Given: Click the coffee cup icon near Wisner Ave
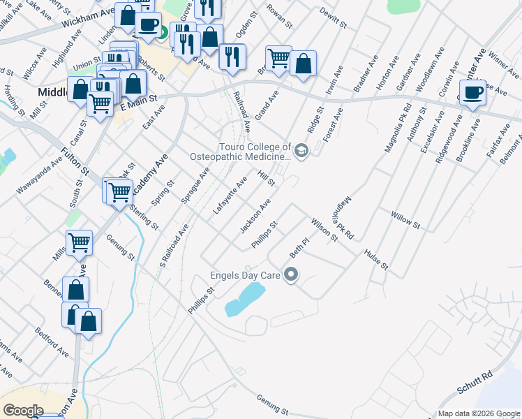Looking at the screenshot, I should coord(472,93).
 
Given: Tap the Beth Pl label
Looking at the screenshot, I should coord(299,247).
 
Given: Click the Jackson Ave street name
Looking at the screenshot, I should coord(255,216).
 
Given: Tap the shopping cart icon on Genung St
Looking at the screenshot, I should coord(79,243).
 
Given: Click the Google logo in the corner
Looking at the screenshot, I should coord(23,411).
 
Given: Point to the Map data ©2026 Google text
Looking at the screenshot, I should coord(478,413).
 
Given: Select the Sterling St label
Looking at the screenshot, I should coord(144,210).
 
